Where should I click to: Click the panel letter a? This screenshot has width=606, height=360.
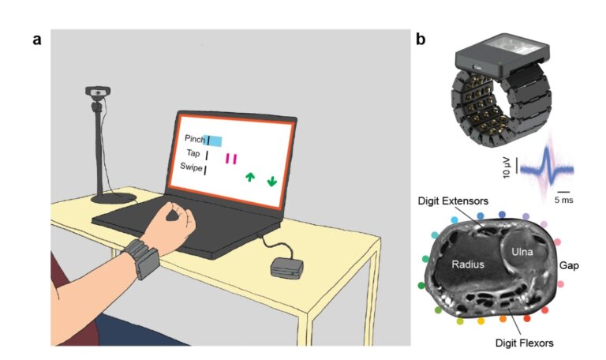pyautogui.click(x=36, y=38)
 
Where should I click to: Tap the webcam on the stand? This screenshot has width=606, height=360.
pyautogui.click(x=95, y=94)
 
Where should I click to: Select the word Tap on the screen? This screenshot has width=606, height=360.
pyautogui.click(x=193, y=154)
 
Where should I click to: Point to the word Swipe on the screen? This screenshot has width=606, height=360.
pyautogui.click(x=189, y=168)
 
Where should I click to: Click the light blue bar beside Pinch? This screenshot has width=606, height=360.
pyautogui.click(x=215, y=141)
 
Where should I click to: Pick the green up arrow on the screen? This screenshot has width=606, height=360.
pyautogui.click(x=250, y=178)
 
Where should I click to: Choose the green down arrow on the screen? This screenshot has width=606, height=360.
pyautogui.click(x=272, y=180)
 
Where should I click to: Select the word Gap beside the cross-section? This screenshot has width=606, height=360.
pyautogui.click(x=569, y=266)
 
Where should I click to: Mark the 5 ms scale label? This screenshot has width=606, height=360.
pyautogui.click(x=564, y=201)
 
